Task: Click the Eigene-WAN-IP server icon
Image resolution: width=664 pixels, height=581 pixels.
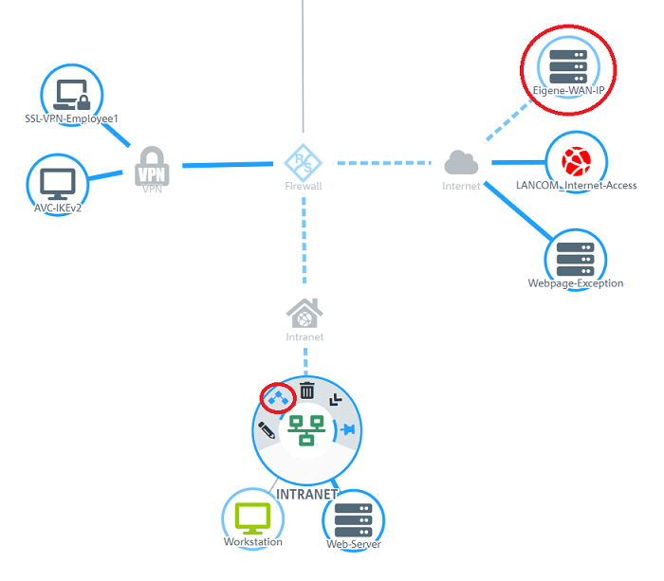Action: (x=568, y=65)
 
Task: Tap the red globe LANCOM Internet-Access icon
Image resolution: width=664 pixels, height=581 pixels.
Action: (x=576, y=160)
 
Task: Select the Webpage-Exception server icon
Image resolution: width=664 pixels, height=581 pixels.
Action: (x=576, y=257)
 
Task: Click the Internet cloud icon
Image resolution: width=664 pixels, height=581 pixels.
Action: (x=461, y=163)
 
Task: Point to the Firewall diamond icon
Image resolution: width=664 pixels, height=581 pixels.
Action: (x=304, y=163)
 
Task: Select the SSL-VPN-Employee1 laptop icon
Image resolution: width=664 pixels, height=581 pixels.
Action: (x=72, y=94)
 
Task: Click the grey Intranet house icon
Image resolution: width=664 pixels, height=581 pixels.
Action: (x=304, y=313)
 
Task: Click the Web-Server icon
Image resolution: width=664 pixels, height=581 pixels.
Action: (x=353, y=520)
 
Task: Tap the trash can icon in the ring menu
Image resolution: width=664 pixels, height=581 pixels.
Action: (x=307, y=390)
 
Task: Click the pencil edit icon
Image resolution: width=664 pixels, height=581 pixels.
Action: (x=267, y=431)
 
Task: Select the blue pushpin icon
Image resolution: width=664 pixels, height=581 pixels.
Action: (x=346, y=429)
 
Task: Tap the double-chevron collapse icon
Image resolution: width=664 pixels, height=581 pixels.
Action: (x=335, y=401)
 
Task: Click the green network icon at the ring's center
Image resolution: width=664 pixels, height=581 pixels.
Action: (x=306, y=429)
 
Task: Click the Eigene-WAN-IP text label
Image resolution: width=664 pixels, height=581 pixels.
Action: (x=568, y=90)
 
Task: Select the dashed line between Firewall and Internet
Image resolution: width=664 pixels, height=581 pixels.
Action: (x=389, y=163)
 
